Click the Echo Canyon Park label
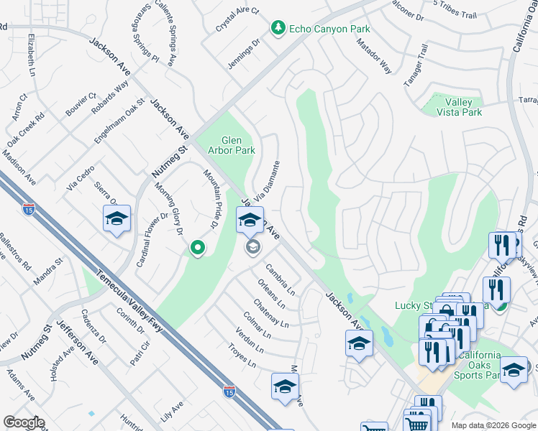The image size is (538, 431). point(329,29)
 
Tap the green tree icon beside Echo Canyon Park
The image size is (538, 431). point(278,28)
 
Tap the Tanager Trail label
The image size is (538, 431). point(416,66)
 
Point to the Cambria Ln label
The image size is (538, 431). point(281,279)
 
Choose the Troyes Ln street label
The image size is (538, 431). point(241,356)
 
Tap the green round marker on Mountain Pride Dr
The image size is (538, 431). point(197,249)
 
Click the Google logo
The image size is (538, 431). point(24,422)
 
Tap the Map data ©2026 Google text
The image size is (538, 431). point(493,425)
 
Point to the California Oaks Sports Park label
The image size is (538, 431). point(473,365)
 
